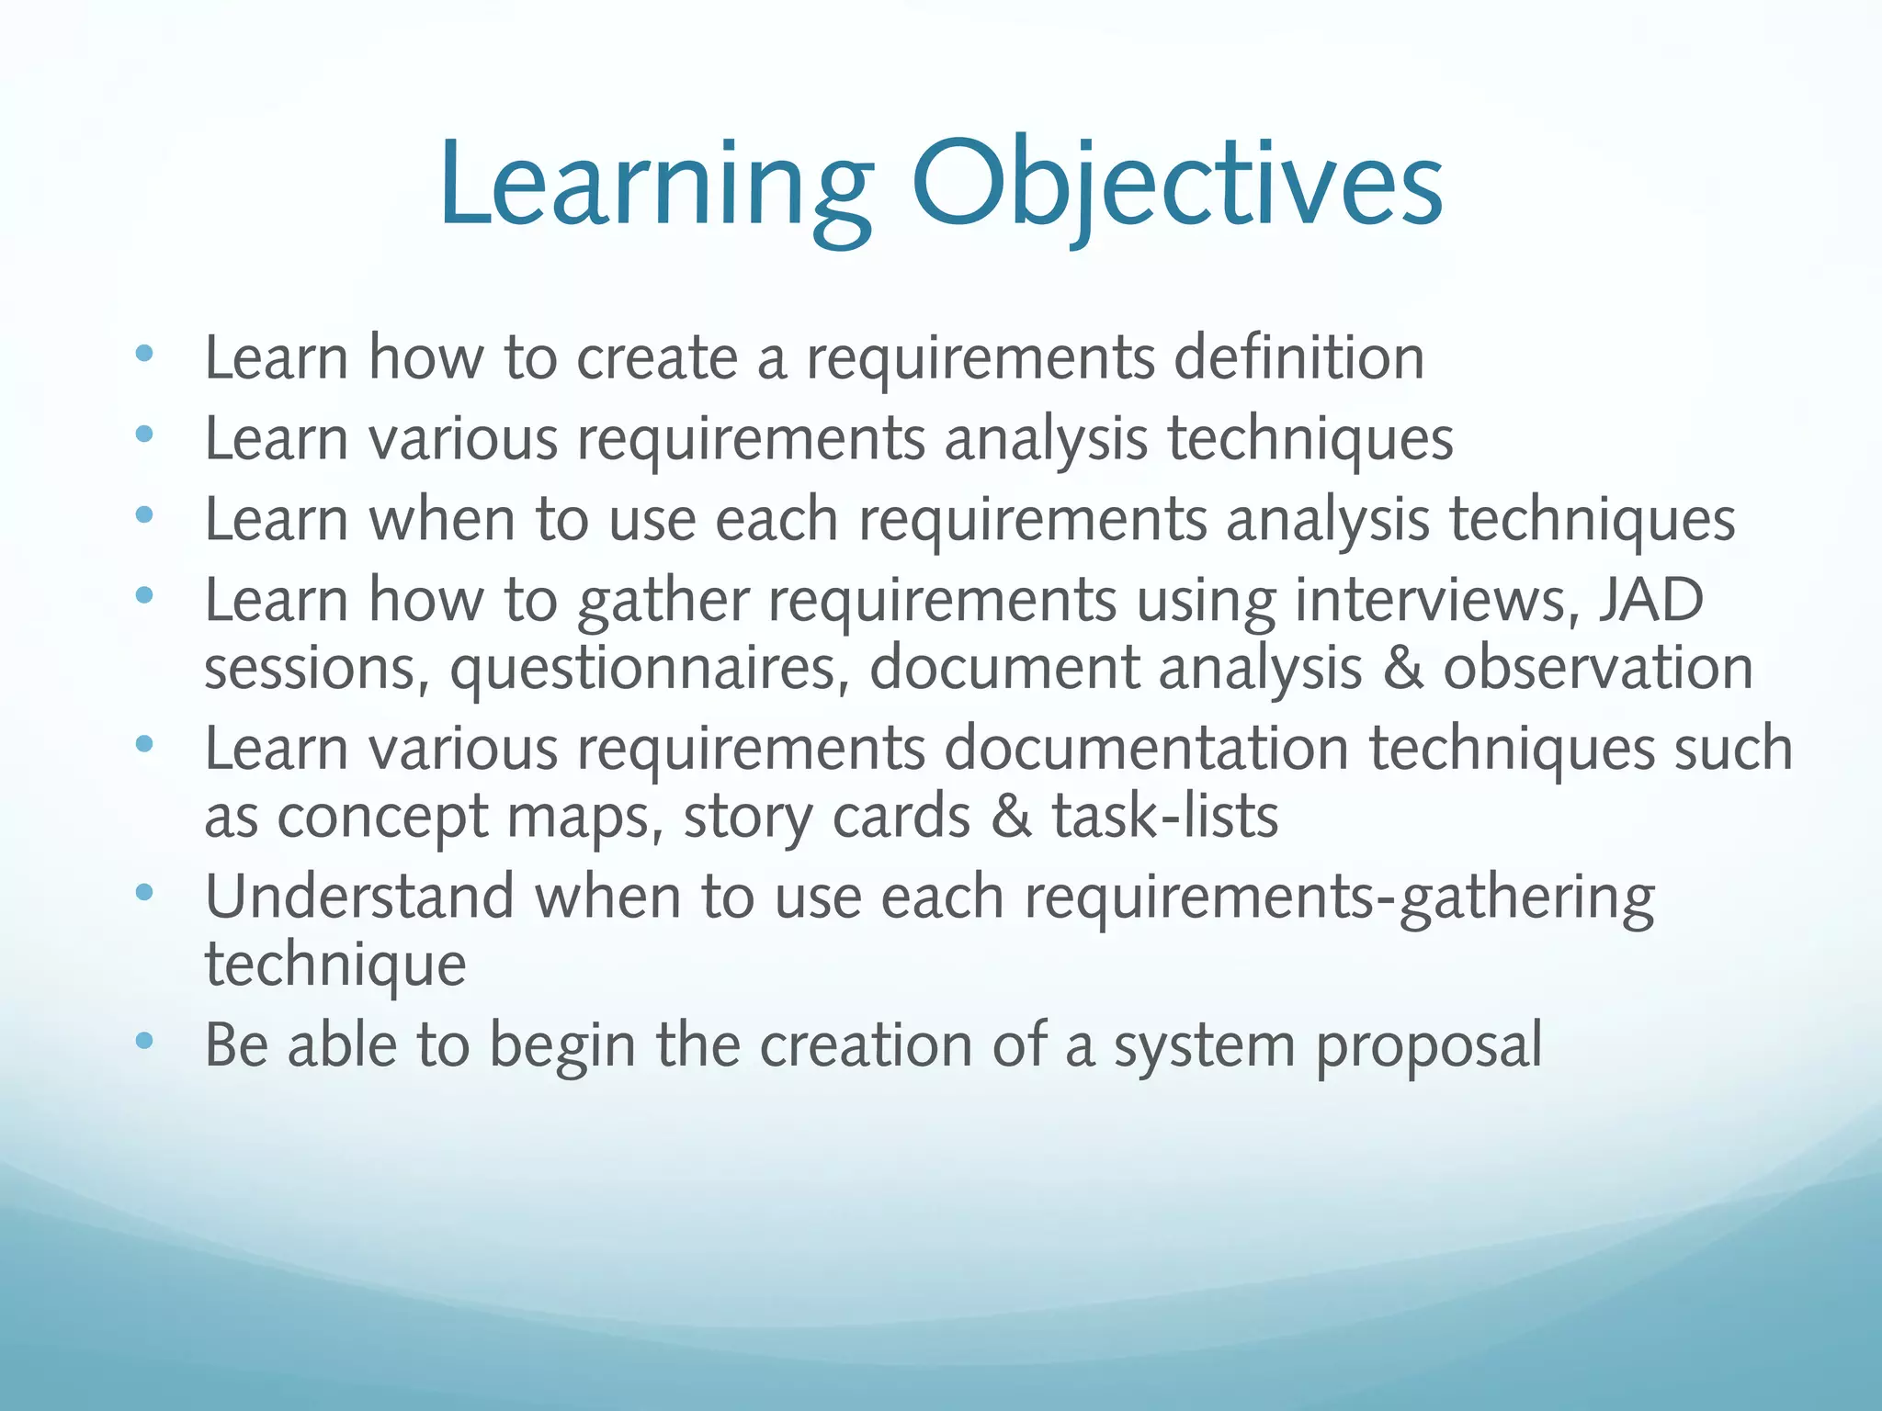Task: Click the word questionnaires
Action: click(649, 668)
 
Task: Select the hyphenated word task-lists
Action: click(1165, 816)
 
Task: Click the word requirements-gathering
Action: click(1338, 897)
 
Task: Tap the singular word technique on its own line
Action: click(335, 965)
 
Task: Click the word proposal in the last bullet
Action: click(1429, 1046)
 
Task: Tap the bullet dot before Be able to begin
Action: click(143, 1041)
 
